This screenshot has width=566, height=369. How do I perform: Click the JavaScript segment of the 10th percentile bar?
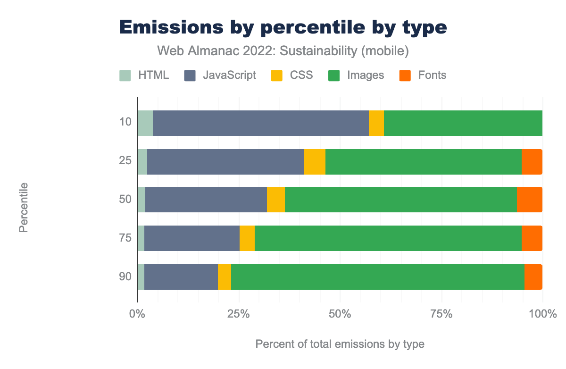(x=260, y=123)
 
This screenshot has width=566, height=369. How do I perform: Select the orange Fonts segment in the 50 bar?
(x=529, y=200)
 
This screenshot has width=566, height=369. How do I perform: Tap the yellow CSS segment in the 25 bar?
(x=314, y=162)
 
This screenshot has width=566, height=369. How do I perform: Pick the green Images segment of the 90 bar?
(x=377, y=277)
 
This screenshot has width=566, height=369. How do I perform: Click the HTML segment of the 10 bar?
(x=145, y=123)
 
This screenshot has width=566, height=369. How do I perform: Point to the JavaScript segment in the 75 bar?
(x=191, y=238)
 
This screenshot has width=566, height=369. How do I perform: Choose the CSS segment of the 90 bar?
(x=225, y=277)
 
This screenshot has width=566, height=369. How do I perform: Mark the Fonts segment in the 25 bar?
(x=532, y=162)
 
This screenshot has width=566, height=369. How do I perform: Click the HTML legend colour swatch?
(x=125, y=75)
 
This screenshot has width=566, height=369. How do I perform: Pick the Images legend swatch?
(x=334, y=75)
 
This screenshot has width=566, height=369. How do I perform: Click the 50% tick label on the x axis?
(x=340, y=314)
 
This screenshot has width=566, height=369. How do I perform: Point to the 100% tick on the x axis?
(x=542, y=314)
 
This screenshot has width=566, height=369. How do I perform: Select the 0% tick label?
(x=137, y=314)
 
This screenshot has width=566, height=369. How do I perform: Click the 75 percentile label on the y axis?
(x=125, y=238)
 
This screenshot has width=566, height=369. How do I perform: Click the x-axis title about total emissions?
(x=340, y=344)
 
